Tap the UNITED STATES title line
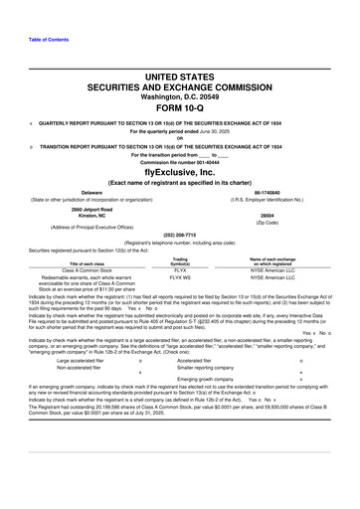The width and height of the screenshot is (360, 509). (x=180, y=75)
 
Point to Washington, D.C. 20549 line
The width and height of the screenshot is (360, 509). (x=180, y=95)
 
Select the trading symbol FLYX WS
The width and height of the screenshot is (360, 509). (x=180, y=277)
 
